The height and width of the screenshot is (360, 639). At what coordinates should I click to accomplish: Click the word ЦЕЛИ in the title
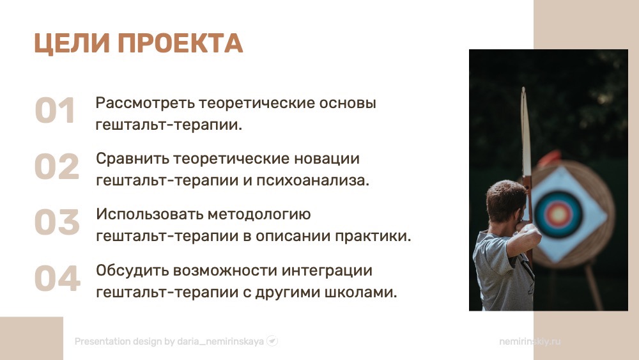(72, 43)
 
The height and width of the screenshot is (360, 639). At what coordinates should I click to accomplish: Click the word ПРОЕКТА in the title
(180, 43)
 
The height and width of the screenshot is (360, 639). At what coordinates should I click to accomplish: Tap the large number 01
(55, 111)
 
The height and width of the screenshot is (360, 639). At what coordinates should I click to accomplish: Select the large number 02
(57, 166)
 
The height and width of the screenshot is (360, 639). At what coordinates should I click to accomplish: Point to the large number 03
(57, 222)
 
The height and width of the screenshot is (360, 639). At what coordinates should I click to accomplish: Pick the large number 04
(58, 278)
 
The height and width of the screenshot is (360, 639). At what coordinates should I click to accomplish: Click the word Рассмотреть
(145, 103)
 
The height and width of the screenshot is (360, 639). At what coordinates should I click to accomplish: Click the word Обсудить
(132, 270)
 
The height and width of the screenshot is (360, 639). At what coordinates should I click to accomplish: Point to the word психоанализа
(312, 180)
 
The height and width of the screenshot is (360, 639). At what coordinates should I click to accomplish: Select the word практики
(373, 237)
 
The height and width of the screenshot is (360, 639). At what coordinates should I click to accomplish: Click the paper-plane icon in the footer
(272, 341)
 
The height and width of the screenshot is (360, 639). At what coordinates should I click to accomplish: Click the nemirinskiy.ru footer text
(530, 341)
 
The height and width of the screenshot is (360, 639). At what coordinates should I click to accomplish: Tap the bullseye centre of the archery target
(558, 214)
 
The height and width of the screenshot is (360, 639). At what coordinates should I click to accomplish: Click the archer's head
(506, 201)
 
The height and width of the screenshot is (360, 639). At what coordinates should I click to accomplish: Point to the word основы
(348, 103)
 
